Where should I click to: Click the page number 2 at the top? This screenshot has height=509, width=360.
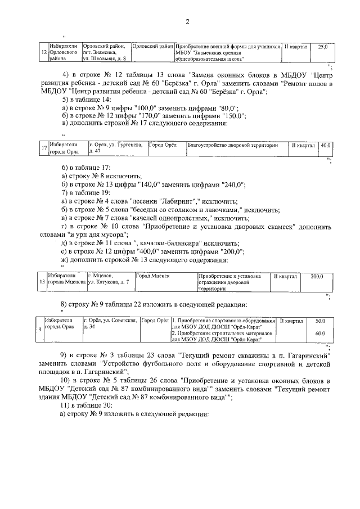pos(188,21)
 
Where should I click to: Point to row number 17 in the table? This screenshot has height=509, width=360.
pos(44,148)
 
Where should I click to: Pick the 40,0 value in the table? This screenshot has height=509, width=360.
pos(326,145)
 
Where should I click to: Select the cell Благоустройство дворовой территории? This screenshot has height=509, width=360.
pos(232,145)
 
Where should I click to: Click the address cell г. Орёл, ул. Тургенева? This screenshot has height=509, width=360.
pos(117,148)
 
